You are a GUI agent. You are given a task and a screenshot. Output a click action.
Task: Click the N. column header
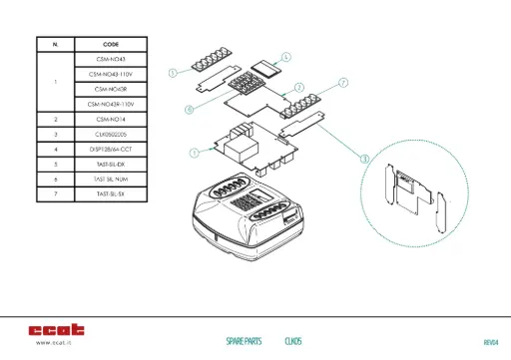[x=55, y=45]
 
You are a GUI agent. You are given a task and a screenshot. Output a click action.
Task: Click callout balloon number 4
[x=286, y=57]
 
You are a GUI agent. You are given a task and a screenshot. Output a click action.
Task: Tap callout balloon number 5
[x=174, y=73]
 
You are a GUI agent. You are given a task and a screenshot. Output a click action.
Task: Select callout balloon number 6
[x=189, y=108]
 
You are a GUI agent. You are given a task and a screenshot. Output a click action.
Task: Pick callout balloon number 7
[x=342, y=82]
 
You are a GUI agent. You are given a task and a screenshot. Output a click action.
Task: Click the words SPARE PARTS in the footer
[x=244, y=341]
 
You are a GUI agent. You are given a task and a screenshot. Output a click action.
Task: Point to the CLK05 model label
[x=293, y=341]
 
